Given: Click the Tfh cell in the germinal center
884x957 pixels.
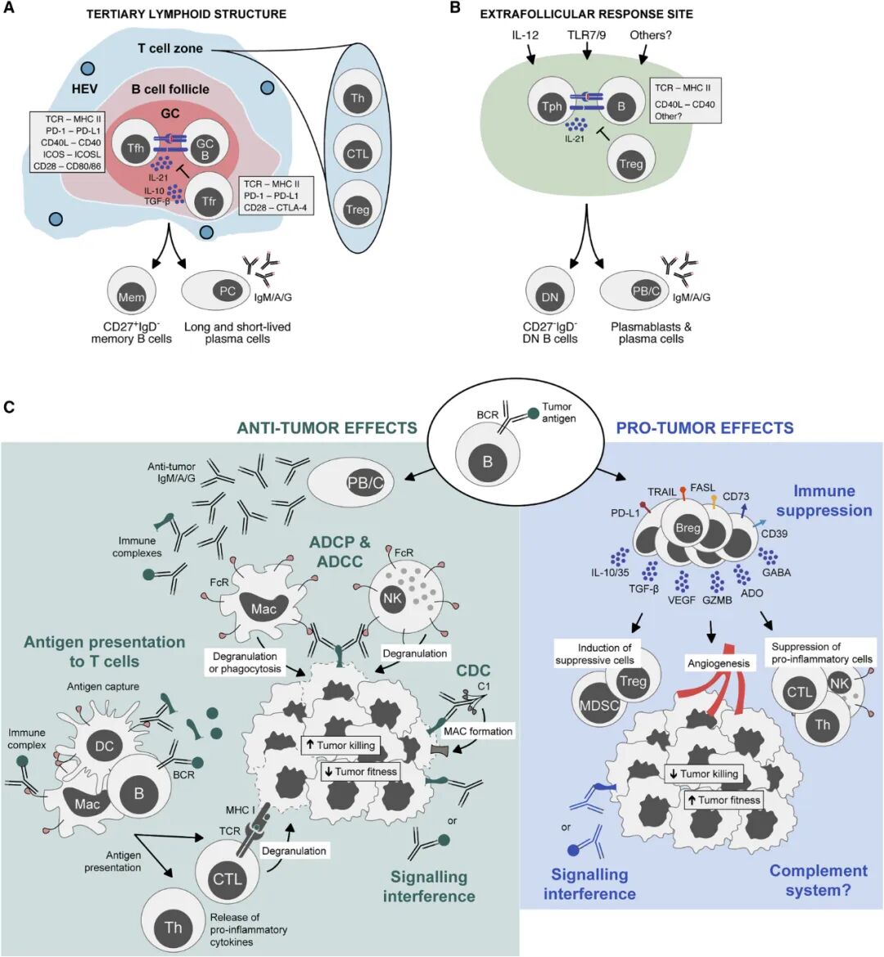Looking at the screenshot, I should [136, 148].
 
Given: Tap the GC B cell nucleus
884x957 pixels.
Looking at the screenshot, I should [204, 149].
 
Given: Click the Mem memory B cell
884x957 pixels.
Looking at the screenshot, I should [131, 297].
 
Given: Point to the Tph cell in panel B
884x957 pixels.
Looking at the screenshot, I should [552, 106].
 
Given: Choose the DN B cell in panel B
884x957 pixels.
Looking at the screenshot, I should [550, 296].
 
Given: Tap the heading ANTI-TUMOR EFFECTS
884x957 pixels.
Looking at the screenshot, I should [327, 427].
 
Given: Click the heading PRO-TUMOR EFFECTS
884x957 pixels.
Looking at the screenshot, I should [704, 427].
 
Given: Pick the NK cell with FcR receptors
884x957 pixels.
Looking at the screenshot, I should [393, 598].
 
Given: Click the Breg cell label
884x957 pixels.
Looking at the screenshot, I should [688, 528].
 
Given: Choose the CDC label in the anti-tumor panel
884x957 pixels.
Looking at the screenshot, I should [472, 671].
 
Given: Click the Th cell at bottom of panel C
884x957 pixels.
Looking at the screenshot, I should [173, 927].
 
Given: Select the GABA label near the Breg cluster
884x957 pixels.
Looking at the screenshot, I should [776, 572].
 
